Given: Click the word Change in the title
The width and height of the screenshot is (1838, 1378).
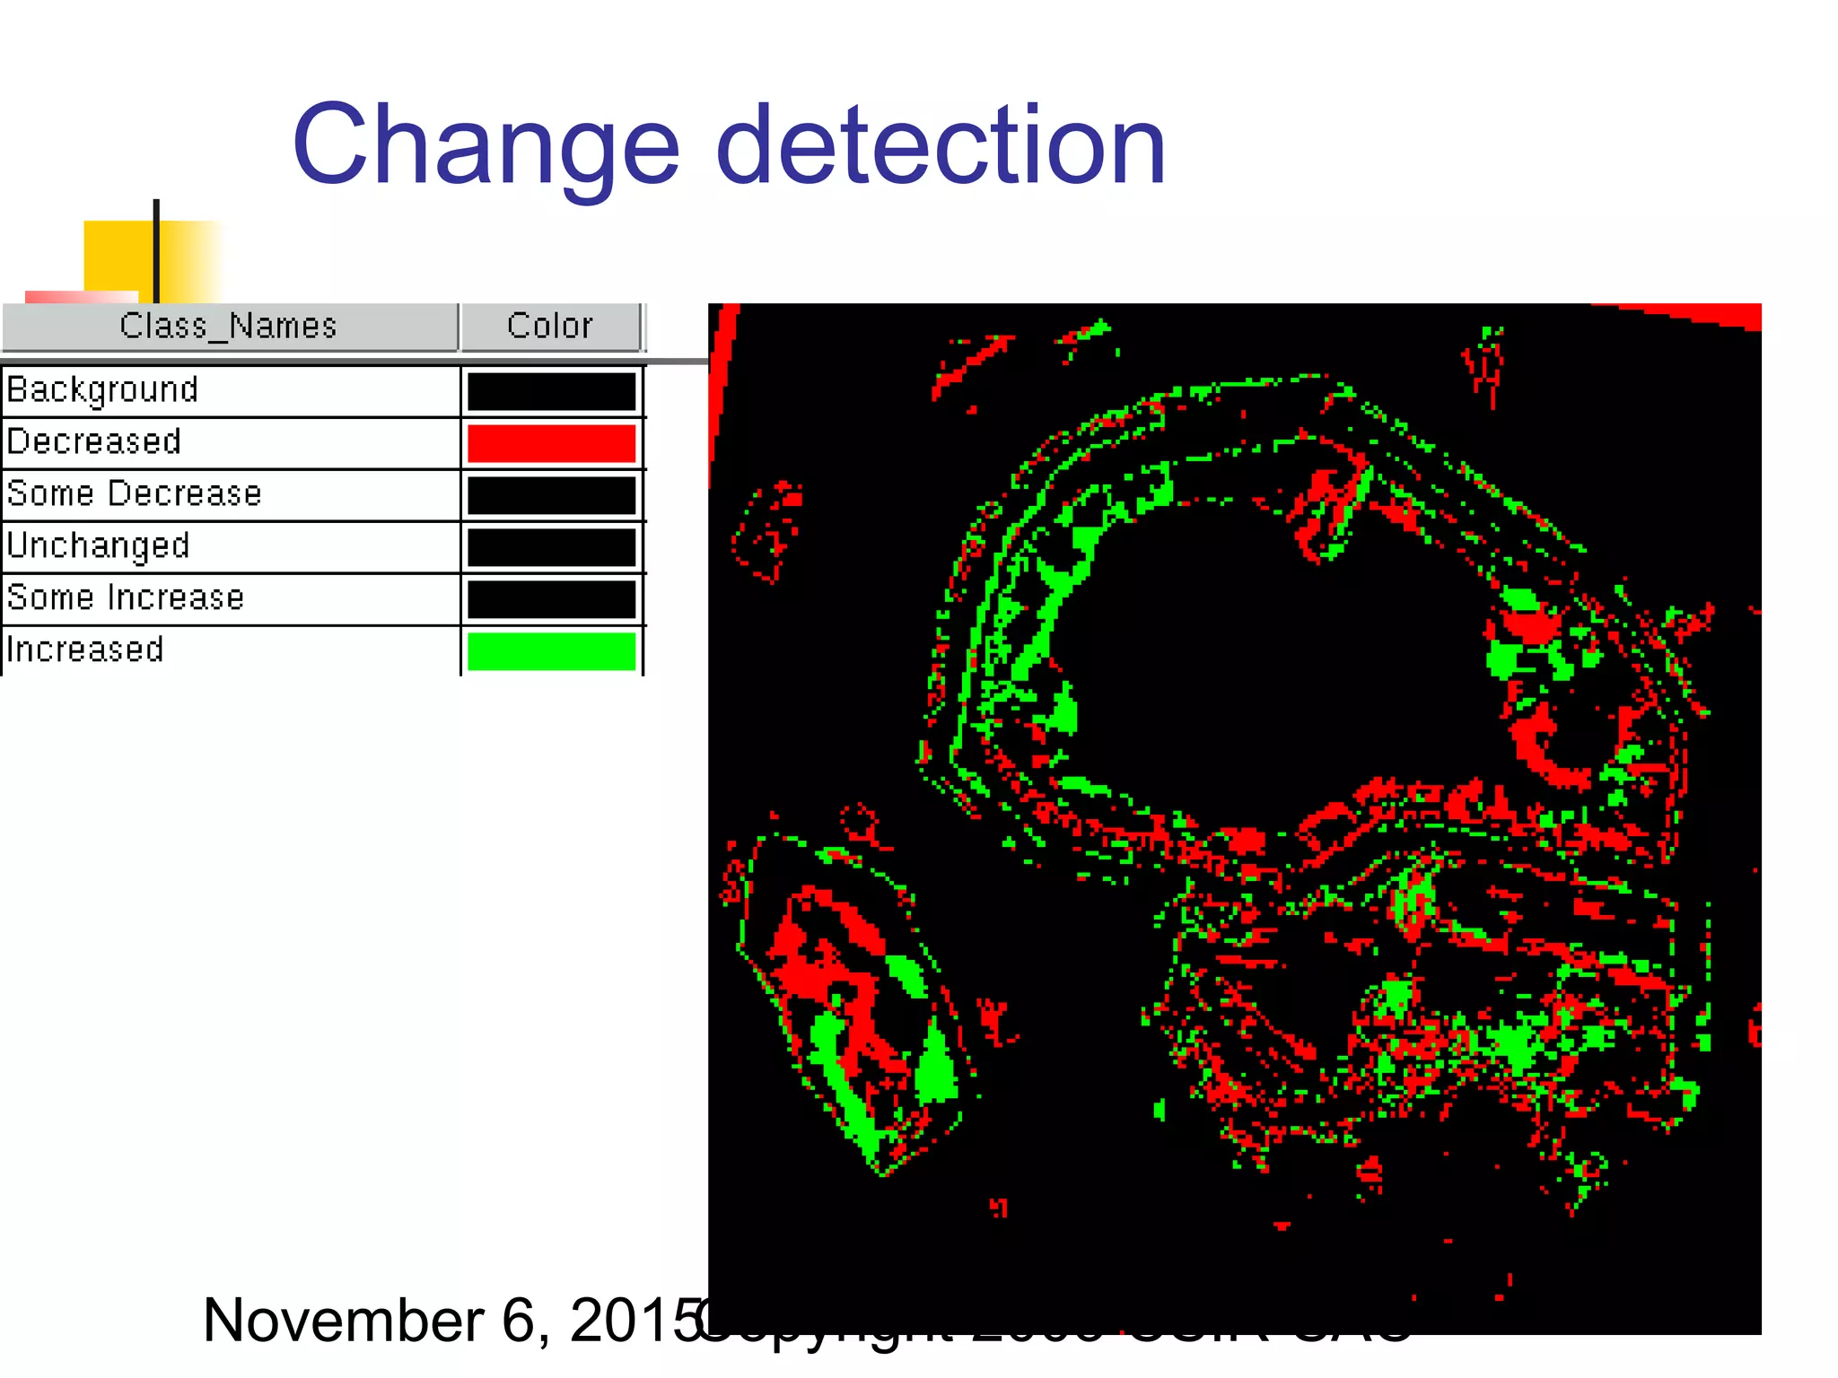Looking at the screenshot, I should pyautogui.click(x=486, y=146).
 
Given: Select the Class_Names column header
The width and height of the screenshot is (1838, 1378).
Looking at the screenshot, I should pyautogui.click(x=229, y=327).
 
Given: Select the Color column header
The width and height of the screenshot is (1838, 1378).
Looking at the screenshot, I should pyautogui.click(x=550, y=327).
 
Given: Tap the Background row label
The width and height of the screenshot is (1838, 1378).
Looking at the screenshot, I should pyautogui.click(x=102, y=390).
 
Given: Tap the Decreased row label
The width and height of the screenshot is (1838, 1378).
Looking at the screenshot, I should pyautogui.click(x=94, y=442).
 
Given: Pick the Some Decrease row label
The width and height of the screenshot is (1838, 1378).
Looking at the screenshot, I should pyautogui.click(x=135, y=494).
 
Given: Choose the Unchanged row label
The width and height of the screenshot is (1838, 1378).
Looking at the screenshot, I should pyautogui.click(x=99, y=546).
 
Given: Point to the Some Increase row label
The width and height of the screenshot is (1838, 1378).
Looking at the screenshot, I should pyautogui.click(x=126, y=598).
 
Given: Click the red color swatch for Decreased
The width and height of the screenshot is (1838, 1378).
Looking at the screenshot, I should pyautogui.click(x=551, y=443).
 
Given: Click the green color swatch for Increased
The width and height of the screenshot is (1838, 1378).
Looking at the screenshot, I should pyautogui.click(x=551, y=651).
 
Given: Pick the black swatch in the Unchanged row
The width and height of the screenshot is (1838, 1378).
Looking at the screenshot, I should pyautogui.click(x=551, y=547).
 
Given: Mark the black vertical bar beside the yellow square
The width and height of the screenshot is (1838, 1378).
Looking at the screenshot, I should pyautogui.click(x=156, y=251).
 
